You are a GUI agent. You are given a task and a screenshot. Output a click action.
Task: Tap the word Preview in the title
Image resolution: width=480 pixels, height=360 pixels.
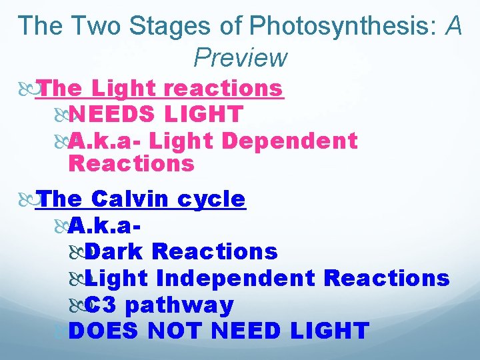[x=240, y=58]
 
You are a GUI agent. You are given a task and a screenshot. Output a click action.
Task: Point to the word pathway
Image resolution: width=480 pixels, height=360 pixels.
[x=179, y=305]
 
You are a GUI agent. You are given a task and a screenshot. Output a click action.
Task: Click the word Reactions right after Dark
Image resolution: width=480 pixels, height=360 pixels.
[x=215, y=251]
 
